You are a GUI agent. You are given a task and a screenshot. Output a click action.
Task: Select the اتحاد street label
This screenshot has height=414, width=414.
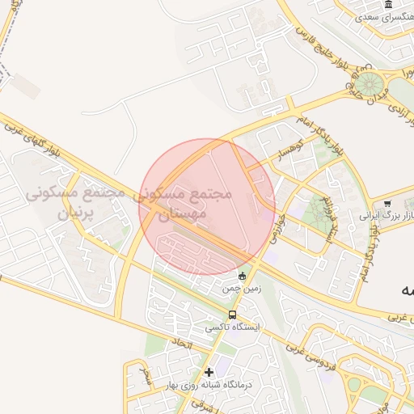click(182, 345)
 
